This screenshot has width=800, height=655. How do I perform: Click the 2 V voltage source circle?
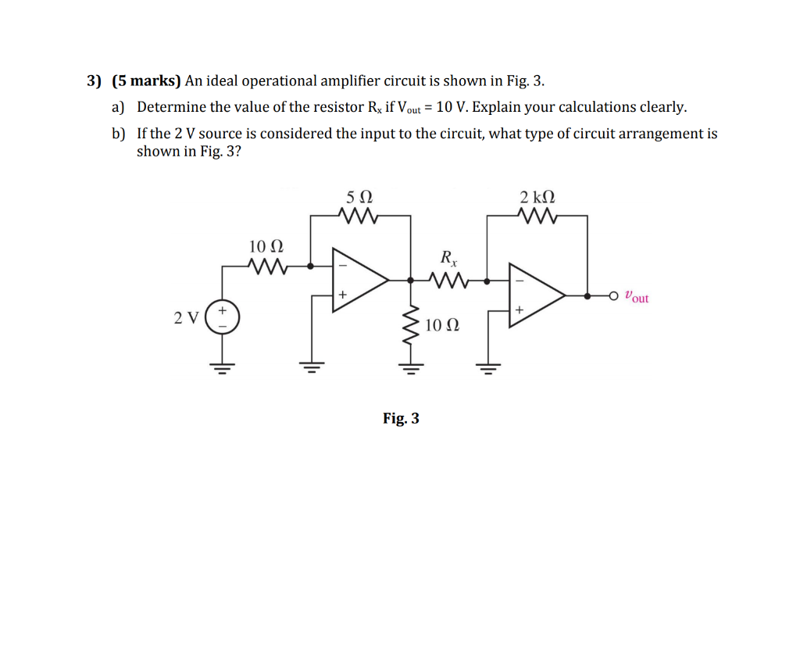tap(223, 317)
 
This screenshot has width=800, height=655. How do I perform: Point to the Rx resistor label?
tap(448, 256)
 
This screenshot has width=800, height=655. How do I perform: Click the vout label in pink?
tap(637, 297)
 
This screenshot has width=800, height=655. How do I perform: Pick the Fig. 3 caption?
tap(401, 418)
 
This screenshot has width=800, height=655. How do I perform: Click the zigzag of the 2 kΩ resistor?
tap(537, 215)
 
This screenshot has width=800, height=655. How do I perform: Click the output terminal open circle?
tap(614, 295)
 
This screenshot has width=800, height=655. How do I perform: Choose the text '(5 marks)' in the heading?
tap(146, 81)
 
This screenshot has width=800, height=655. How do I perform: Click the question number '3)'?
tap(95, 81)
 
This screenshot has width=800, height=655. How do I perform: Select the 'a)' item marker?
tap(120, 107)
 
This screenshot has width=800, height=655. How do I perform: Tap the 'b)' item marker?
tap(120, 134)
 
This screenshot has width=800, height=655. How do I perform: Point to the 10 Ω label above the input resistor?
tap(266, 248)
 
